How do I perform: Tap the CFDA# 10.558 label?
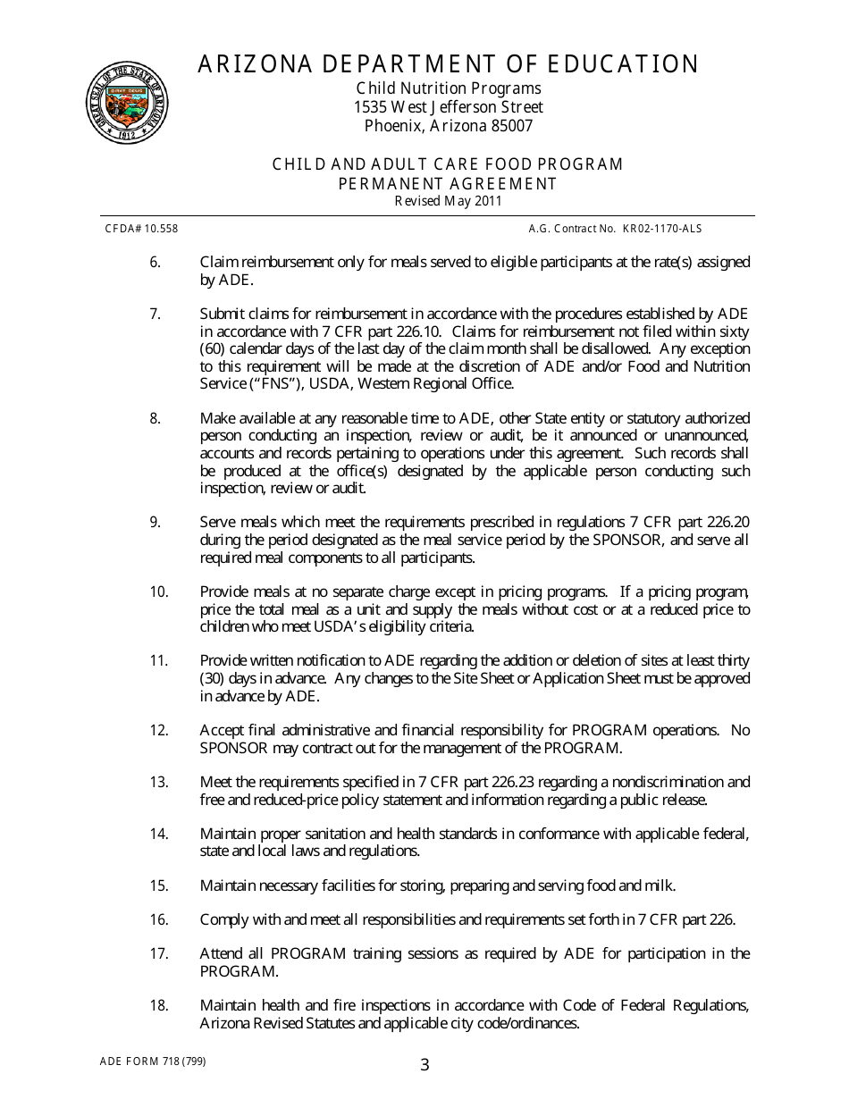[141, 229]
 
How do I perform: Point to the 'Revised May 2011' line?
[448, 201]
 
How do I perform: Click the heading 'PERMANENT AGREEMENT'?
[448, 183]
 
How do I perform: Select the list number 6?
[155, 263]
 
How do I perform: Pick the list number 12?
[158, 730]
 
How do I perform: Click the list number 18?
[158, 1006]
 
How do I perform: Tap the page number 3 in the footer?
[424, 1064]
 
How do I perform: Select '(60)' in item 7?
[213, 348]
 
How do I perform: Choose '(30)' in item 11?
[213, 678]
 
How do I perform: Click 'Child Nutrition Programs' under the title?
[448, 88]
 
